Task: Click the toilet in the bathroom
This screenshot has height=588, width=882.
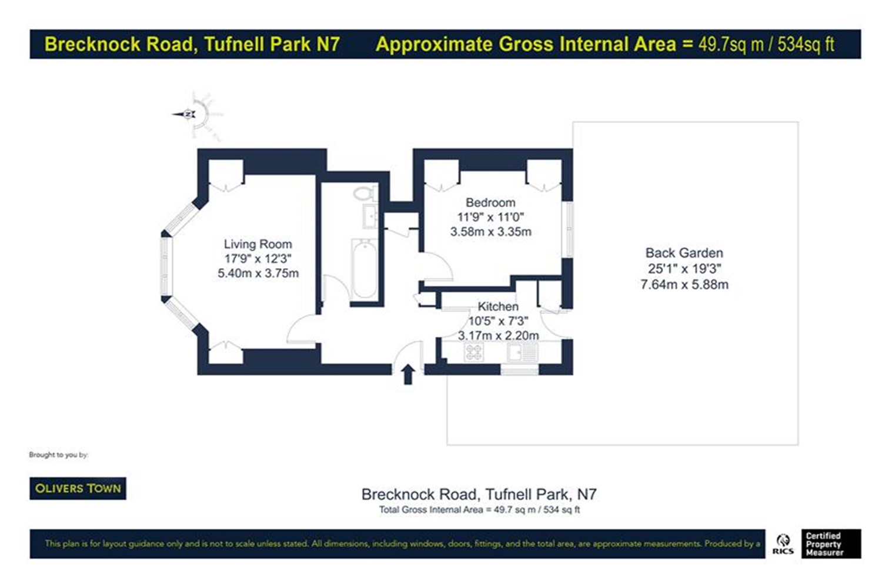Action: [x=365, y=193]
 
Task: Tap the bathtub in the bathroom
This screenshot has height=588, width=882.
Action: [x=365, y=269]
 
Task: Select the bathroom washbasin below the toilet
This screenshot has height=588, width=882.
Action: [x=370, y=216]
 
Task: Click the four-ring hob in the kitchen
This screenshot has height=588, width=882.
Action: [x=474, y=352]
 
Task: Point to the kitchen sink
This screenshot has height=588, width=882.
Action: [x=523, y=352]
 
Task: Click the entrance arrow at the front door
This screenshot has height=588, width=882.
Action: [x=408, y=374]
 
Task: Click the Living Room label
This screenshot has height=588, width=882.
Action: [x=258, y=244]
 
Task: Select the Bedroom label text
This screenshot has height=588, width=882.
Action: [x=490, y=202]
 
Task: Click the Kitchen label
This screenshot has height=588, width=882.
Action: [x=498, y=306]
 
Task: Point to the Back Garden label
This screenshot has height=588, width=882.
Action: [x=684, y=253]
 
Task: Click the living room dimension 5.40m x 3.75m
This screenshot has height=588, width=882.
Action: [x=258, y=273]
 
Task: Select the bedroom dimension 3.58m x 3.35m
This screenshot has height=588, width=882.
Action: [x=491, y=232]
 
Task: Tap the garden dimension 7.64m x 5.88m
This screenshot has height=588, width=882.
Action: [x=684, y=285]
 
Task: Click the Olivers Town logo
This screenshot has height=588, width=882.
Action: [x=78, y=489]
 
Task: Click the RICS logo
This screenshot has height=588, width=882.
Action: [x=783, y=544]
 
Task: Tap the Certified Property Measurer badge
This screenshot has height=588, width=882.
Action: [x=831, y=544]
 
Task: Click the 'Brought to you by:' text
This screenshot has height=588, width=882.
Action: [x=59, y=455]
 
